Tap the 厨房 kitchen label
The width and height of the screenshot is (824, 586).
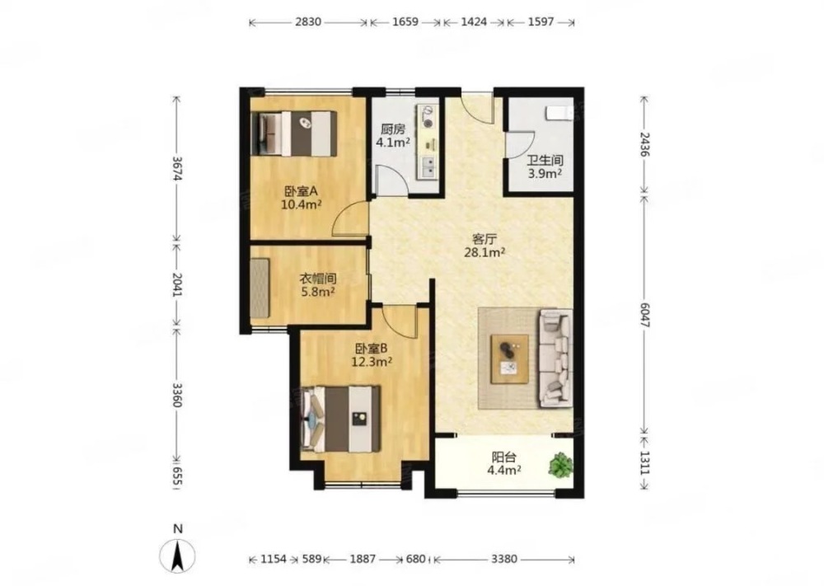click(392, 129)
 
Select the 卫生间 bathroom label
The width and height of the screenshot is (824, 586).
click(545, 160)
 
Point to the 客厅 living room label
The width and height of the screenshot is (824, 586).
click(485, 239)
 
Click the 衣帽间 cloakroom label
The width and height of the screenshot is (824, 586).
click(318, 279)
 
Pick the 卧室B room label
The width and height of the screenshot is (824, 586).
click(372, 348)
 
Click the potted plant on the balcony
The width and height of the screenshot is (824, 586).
click(560, 465)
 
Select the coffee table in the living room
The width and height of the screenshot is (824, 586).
click(509, 359)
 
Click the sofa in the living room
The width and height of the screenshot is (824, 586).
click(556, 359)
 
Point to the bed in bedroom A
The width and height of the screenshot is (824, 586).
click(294, 134)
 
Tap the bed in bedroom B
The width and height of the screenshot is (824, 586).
click(341, 419)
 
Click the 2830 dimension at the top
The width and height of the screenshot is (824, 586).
click(308, 22)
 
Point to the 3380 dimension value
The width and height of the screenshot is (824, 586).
click(504, 559)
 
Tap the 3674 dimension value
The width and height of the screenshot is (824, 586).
click(177, 168)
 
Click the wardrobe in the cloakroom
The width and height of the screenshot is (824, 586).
click(260, 288)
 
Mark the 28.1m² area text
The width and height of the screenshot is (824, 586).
click(485, 252)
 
